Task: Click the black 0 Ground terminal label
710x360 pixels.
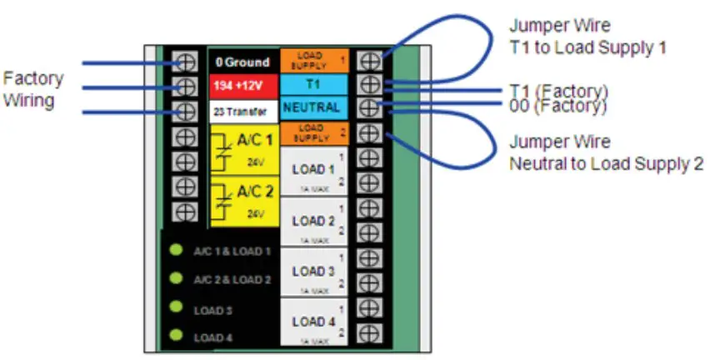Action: pyautogui.click(x=242, y=62)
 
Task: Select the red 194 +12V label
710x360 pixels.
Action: pyautogui.click(x=242, y=86)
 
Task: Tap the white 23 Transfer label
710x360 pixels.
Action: pyautogui.click(x=242, y=109)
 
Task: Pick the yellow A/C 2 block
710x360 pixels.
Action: pyautogui.click(x=242, y=202)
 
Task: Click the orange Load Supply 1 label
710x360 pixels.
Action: pyautogui.click(x=311, y=60)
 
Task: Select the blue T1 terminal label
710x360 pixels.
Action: pyautogui.click(x=311, y=83)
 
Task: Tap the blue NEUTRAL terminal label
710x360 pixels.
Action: pyautogui.click(x=311, y=107)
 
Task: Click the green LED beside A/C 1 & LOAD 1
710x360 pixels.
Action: pyautogui.click(x=177, y=250)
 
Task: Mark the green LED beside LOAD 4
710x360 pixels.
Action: pyautogui.click(x=177, y=336)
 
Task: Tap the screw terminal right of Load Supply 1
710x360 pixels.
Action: pyautogui.click(x=368, y=60)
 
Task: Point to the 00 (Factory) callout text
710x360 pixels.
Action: pyautogui.click(x=559, y=106)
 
